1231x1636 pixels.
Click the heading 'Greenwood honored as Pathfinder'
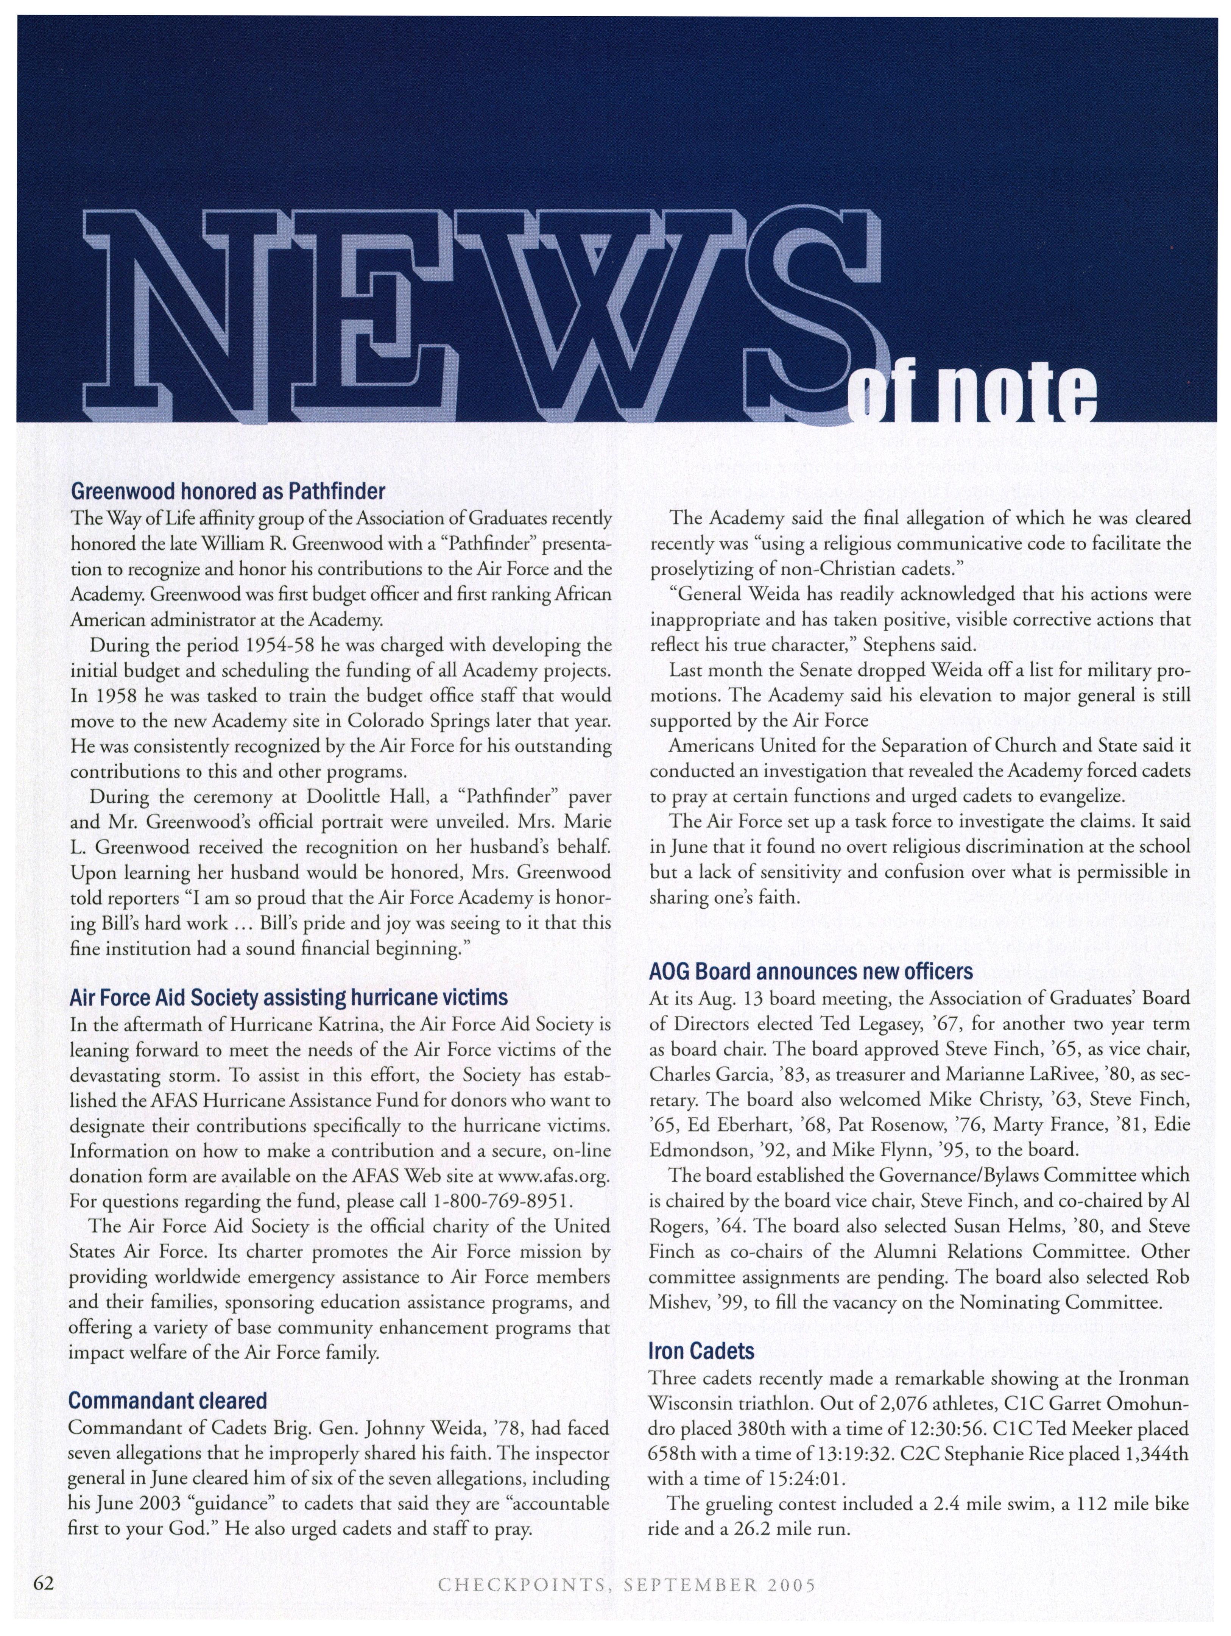pos(228,491)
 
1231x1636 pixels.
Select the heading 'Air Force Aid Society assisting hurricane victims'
pos(288,998)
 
